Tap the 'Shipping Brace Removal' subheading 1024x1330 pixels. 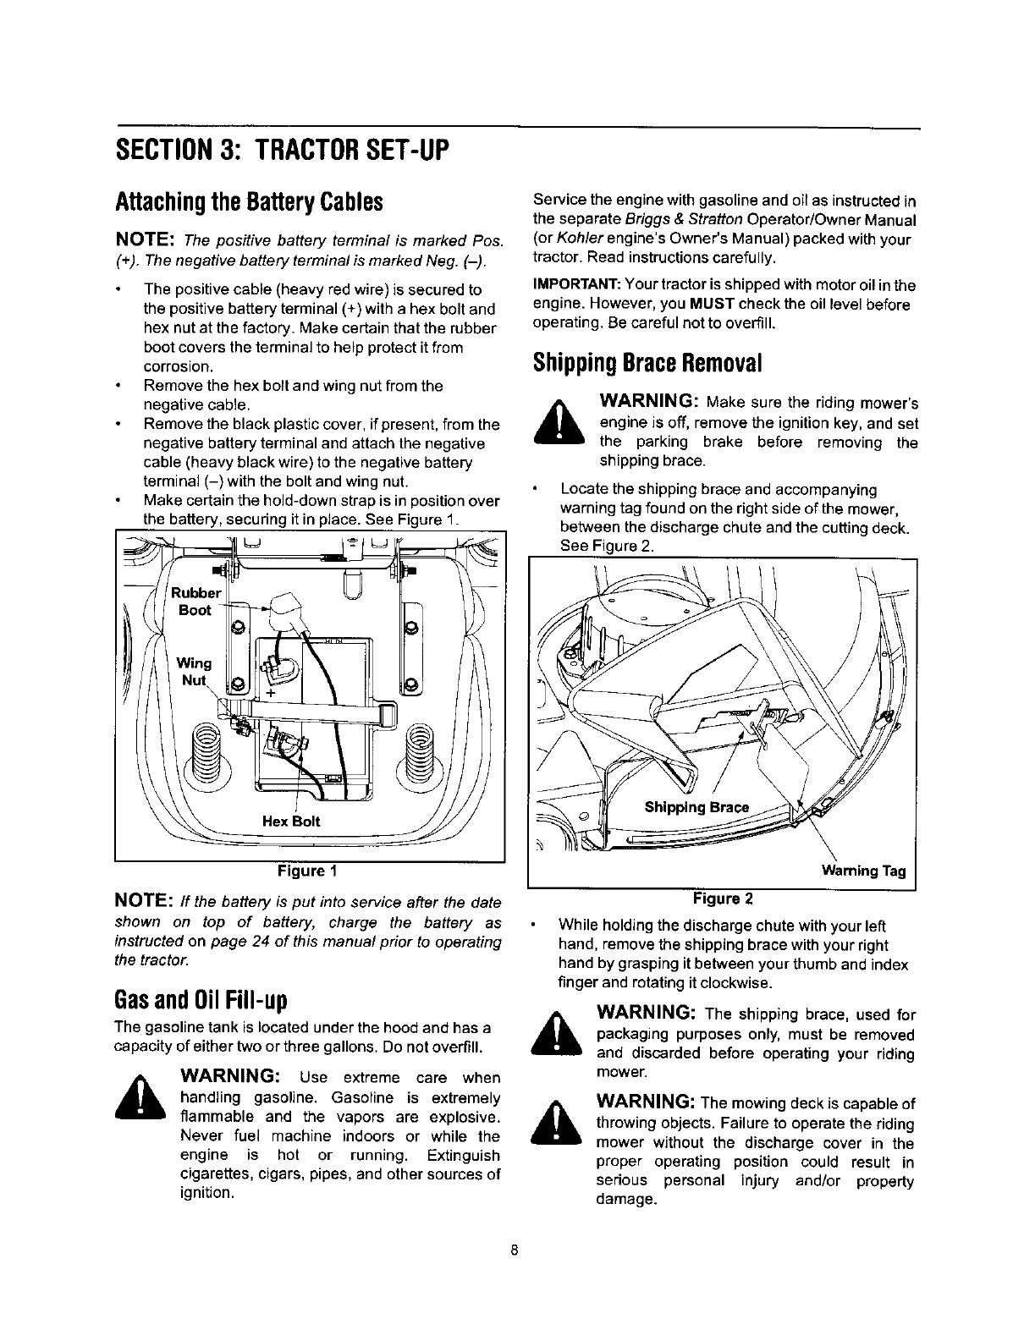(648, 362)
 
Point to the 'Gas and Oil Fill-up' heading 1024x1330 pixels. (201, 1000)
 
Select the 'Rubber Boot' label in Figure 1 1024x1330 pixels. (195, 601)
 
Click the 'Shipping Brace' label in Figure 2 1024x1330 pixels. (696, 807)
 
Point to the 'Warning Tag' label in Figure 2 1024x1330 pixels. (863, 871)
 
